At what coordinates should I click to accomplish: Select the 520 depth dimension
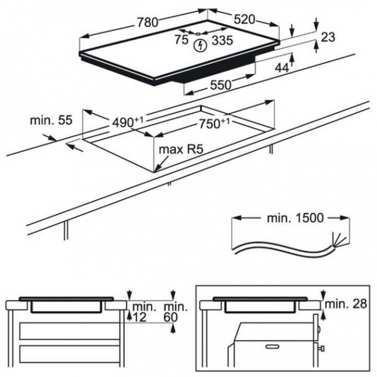pyautogui.click(x=244, y=19)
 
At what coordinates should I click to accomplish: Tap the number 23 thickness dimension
pyautogui.click(x=328, y=37)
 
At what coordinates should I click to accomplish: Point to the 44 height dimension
pyautogui.click(x=281, y=68)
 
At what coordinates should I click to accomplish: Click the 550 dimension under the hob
pyautogui.click(x=220, y=85)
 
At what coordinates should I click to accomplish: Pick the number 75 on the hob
pyautogui.click(x=182, y=39)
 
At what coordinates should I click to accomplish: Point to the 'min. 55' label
pyautogui.click(x=50, y=121)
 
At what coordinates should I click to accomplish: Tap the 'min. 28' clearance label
pyautogui.click(x=347, y=304)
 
